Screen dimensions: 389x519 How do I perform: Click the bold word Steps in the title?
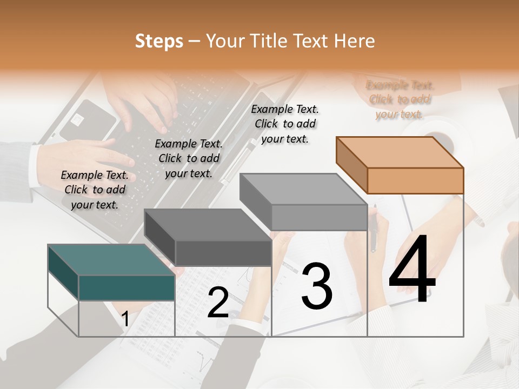point(159,41)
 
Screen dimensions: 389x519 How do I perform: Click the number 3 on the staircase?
point(317,286)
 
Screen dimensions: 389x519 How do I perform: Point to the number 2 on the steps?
point(218,303)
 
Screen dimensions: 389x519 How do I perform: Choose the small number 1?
point(125,319)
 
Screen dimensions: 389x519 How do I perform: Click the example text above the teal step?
point(95,190)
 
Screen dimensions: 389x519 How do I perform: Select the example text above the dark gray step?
point(189,158)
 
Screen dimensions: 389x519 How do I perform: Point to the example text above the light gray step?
point(285,124)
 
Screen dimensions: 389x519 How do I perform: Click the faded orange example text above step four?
point(400,99)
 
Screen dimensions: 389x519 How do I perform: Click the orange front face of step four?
point(415,180)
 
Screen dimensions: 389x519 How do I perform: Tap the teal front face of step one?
point(127,288)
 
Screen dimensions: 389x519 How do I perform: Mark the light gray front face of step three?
point(319,218)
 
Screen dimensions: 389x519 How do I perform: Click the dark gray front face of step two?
point(223,253)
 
